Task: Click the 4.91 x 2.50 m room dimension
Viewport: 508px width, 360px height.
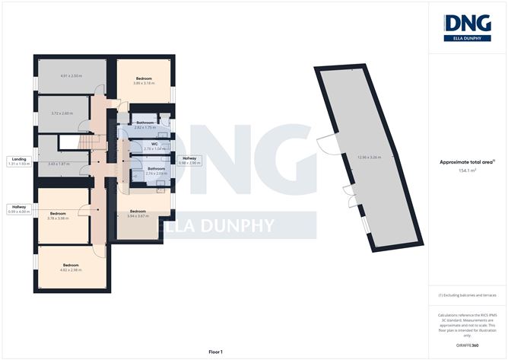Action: pos(70,75)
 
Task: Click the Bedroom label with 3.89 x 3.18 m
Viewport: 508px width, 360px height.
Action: pos(144,79)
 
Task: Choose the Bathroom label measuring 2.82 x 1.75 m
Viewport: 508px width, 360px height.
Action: pos(144,123)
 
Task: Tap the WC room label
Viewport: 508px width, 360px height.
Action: pos(154,142)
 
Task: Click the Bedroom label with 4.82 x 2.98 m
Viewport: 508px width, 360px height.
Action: pos(71,266)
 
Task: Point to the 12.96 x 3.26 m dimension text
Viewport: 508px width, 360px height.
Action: pos(368,157)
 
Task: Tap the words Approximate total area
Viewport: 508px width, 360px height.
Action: pos(466,161)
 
